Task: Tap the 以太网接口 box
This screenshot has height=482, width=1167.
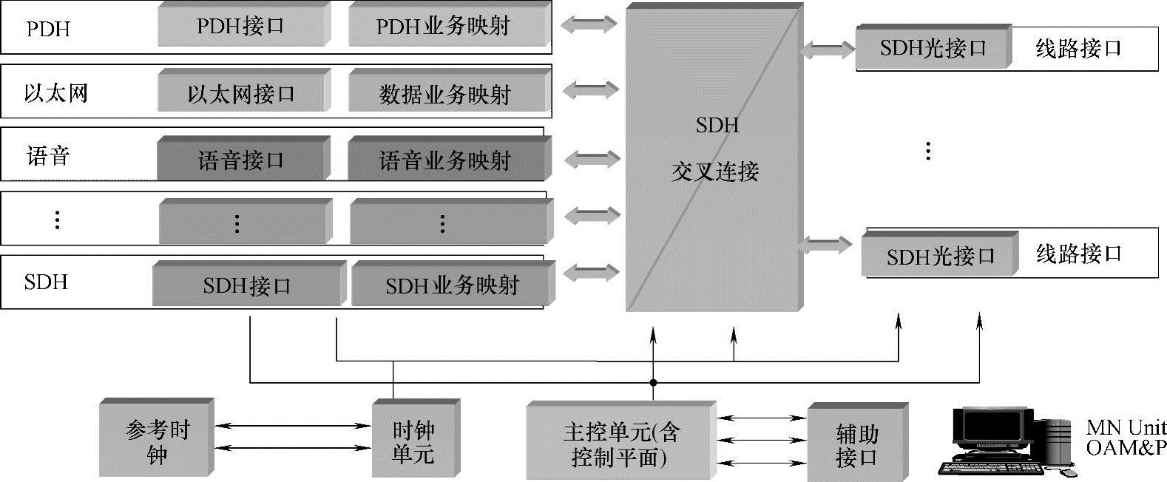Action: (242, 93)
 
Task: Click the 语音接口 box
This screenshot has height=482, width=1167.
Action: (242, 159)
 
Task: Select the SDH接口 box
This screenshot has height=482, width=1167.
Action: (247, 285)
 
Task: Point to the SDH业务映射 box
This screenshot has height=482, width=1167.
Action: (450, 285)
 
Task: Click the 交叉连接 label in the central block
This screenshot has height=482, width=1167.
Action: (715, 172)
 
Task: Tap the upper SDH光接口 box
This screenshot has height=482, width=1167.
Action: (933, 48)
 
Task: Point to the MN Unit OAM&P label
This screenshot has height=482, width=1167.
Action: (1125, 437)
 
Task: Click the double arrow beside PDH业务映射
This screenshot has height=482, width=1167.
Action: (588, 24)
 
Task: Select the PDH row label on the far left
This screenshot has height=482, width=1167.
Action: (48, 29)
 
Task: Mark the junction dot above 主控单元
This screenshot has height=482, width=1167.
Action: (653, 383)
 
